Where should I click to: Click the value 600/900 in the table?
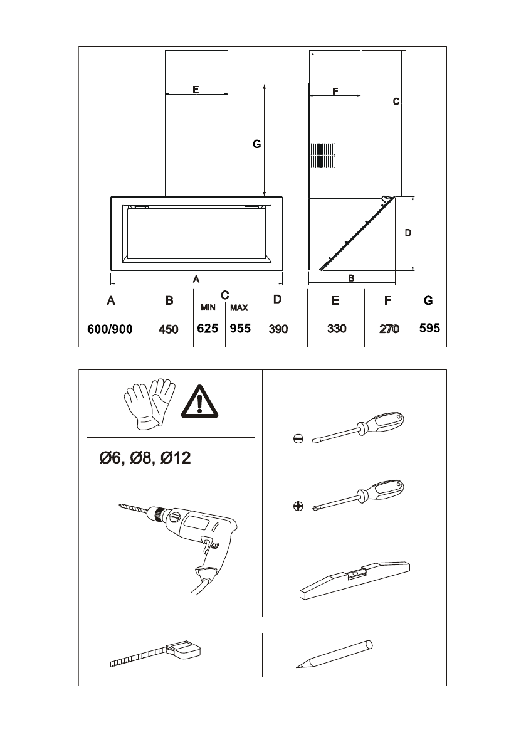coord(110,329)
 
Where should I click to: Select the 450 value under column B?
coord(169,329)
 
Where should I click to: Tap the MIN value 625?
coord(208,328)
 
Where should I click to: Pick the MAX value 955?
coord(240,328)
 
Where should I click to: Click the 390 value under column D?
coord(278,329)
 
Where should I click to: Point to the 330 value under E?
coord(337,329)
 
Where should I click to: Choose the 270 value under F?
coord(389,329)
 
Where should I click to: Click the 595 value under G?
coord(429,328)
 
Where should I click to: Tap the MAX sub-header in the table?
coord(239,308)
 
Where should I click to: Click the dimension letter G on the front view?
coord(256,144)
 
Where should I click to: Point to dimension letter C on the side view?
coord(396,101)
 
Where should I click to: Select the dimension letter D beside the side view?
coord(408,233)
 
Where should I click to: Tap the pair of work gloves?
coord(150,403)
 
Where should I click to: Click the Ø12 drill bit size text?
coord(176,459)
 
